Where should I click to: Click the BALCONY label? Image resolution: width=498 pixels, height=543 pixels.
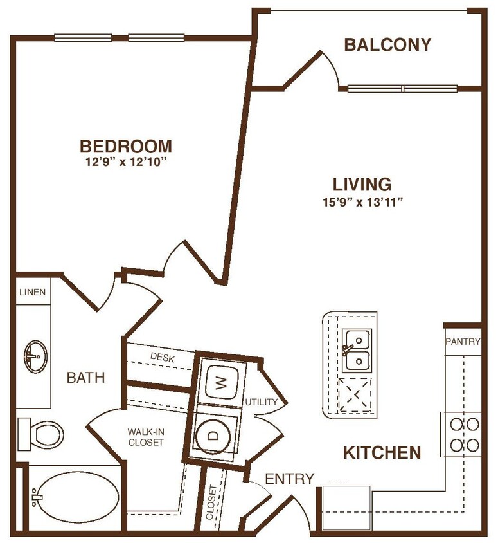click(387, 44)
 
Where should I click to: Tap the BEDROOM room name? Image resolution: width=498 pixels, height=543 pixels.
click(126, 146)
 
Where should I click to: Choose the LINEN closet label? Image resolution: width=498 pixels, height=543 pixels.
click(32, 292)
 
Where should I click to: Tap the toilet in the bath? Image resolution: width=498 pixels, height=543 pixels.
click(42, 434)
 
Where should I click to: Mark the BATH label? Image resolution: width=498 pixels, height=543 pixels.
click(86, 378)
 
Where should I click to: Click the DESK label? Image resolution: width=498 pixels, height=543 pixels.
click(163, 356)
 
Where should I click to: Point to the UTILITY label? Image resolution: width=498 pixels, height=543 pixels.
click(261, 402)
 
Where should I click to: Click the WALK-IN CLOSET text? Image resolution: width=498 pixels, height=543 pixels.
click(145, 437)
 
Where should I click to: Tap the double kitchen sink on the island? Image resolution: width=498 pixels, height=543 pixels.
click(356, 351)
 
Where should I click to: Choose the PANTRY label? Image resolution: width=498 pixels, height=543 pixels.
click(463, 342)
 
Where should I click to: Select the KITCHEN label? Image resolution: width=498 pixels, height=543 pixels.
click(382, 453)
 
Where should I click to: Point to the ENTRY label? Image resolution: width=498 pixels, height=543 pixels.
click(289, 479)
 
